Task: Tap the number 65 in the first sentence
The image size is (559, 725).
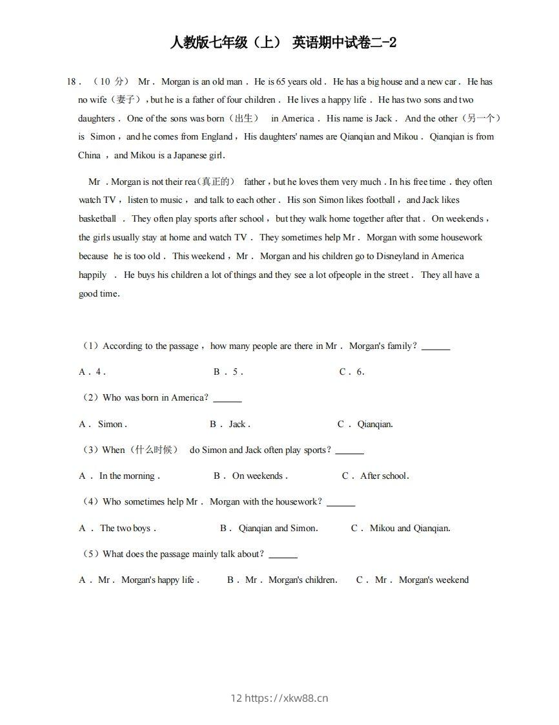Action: click(281, 82)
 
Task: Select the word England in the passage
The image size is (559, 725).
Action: click(216, 137)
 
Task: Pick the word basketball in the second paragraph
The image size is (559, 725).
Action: click(97, 219)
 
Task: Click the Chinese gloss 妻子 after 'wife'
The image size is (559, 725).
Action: click(125, 100)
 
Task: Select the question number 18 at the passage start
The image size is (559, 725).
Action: click(72, 82)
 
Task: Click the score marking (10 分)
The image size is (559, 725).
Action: click(111, 82)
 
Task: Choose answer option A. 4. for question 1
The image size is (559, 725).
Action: click(92, 372)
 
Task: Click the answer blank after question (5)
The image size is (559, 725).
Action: click(283, 555)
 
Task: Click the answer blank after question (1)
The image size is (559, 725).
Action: click(436, 347)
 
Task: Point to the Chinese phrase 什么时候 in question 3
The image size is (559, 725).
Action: click(153, 450)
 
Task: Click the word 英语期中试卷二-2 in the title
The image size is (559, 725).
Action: click(344, 43)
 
